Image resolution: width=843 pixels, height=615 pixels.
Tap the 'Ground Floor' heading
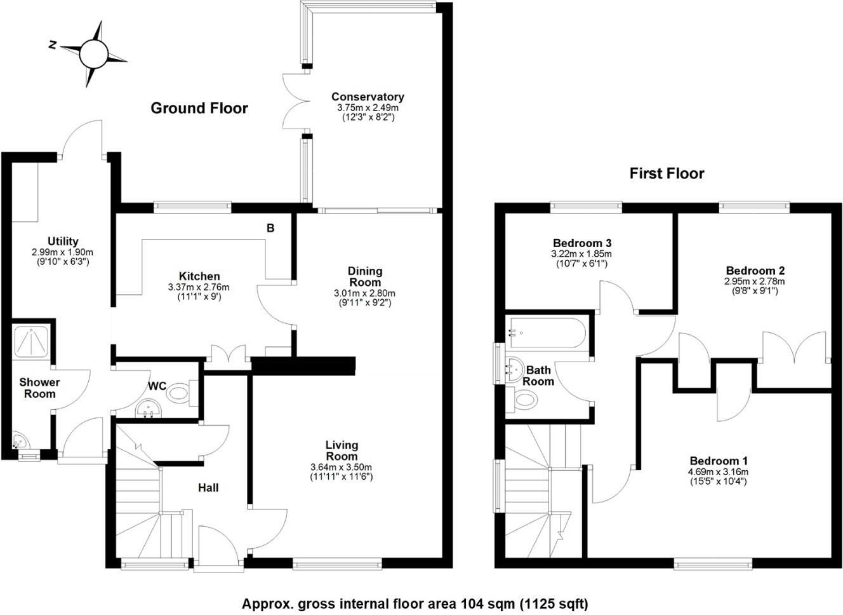199,108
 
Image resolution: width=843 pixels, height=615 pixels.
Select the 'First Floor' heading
667,173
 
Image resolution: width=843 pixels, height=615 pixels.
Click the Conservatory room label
368,97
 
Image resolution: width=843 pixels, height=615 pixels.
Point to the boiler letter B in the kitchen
270,228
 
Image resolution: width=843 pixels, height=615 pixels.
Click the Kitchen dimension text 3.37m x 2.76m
199,287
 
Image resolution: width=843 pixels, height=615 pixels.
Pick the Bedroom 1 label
719,461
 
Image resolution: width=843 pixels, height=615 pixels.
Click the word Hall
208,487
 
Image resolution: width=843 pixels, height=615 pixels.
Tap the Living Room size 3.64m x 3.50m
341,467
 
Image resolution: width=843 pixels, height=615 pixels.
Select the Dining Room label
365,277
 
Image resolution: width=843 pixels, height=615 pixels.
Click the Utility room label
63,241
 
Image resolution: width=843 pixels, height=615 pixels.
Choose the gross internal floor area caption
415,604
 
